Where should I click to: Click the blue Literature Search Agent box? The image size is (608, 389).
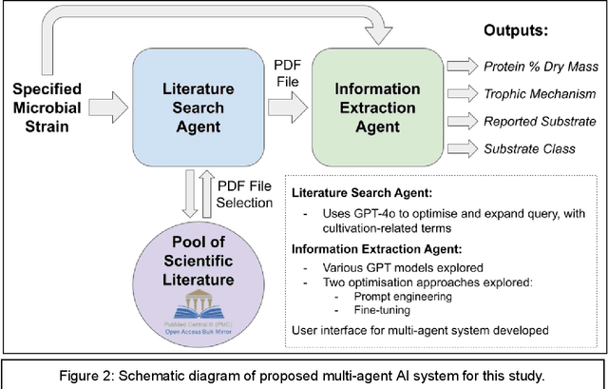[191, 103]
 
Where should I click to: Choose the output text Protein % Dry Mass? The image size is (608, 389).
[539, 67]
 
